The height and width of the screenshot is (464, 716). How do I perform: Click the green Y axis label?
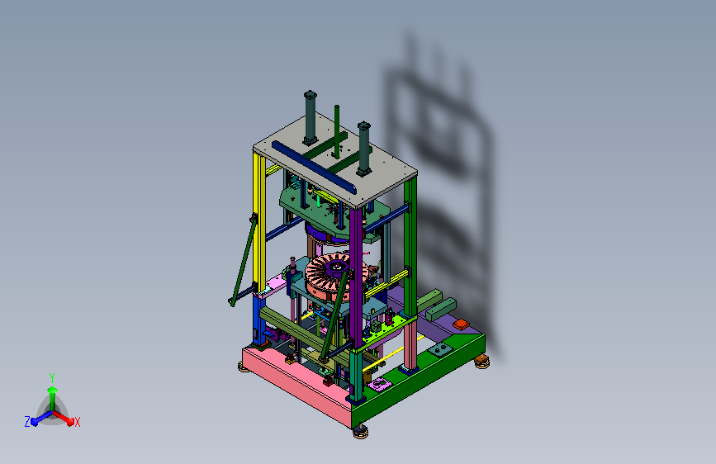tap(52, 377)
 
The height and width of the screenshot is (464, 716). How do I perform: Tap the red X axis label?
tap(77, 422)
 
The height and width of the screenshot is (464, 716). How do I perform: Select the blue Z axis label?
tap(27, 422)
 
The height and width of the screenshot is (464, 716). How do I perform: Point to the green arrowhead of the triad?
tap(53, 390)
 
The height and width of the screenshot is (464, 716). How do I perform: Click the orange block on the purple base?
tap(461, 324)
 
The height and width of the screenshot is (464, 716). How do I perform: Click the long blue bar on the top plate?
tap(314, 167)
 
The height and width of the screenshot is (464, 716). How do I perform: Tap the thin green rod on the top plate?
tap(337, 131)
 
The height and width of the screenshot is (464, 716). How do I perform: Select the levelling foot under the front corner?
tap(361, 432)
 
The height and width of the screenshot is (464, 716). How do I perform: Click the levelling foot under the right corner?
tap(481, 362)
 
